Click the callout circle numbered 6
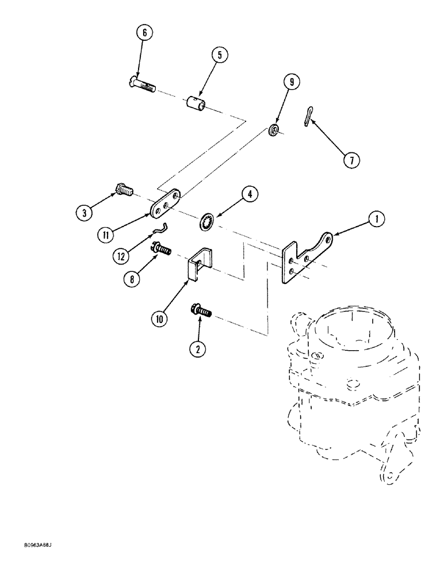click(x=144, y=33)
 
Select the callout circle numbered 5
click(x=219, y=56)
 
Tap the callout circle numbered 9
click(x=292, y=83)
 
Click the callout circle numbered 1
click(x=376, y=218)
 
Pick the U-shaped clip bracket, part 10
click(x=197, y=265)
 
